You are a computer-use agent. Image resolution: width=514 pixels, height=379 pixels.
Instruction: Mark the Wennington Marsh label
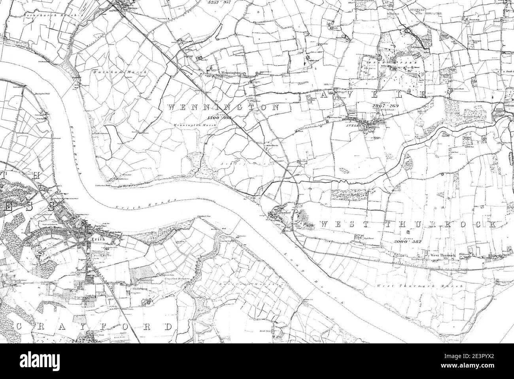(x=188, y=125)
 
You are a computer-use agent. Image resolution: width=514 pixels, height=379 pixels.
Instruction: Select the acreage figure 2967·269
(x=383, y=105)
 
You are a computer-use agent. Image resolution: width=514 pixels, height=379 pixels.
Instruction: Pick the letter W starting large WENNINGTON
(x=172, y=107)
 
